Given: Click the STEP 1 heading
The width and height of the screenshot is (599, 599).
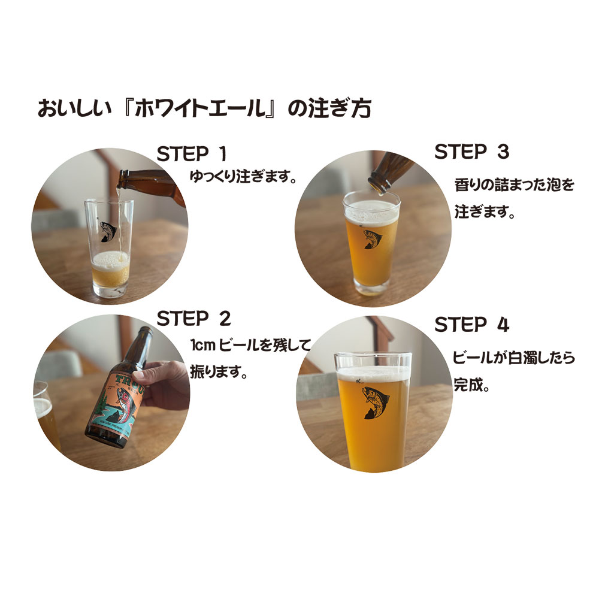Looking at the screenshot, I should (x=192, y=154).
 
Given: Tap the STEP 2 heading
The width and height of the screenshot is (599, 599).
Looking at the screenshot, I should (x=193, y=319).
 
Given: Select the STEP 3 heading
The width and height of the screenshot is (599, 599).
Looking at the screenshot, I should (x=471, y=152).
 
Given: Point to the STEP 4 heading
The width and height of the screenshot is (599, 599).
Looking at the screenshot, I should (x=471, y=325).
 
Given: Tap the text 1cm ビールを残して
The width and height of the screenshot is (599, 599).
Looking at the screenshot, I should (x=251, y=346).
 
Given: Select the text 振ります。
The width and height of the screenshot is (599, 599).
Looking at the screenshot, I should (x=219, y=372).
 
